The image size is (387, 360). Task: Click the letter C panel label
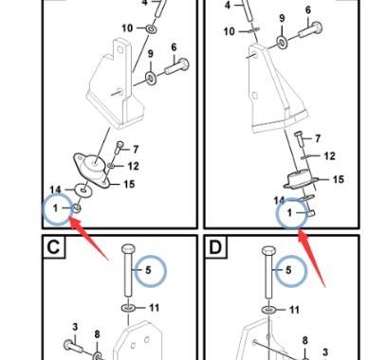click(53, 247)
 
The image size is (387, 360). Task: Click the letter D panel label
click(215, 247)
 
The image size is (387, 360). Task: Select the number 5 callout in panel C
click(148, 270)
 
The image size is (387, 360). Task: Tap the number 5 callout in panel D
click(288, 270)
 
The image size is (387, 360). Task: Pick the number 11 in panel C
click(154, 308)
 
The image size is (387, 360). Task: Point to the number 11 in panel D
click(294, 310)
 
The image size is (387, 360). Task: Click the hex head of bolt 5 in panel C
click(128, 249)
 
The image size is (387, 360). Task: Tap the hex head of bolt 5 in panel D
click(268, 251)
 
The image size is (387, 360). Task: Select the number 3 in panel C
click(75, 327)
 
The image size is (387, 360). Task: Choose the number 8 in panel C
click(97, 334)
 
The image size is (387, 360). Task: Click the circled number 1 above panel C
click(56, 208)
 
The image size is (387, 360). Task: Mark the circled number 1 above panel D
click(289, 213)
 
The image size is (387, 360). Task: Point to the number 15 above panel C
click(129, 184)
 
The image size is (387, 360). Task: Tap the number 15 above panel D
click(339, 179)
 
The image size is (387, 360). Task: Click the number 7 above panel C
click(136, 150)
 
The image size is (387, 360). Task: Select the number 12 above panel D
click(329, 156)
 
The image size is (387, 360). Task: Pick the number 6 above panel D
click(308, 10)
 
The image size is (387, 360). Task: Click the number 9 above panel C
click(151, 54)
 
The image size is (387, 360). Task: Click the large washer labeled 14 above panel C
click(83, 190)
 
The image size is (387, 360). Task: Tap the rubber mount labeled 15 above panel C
click(92, 170)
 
